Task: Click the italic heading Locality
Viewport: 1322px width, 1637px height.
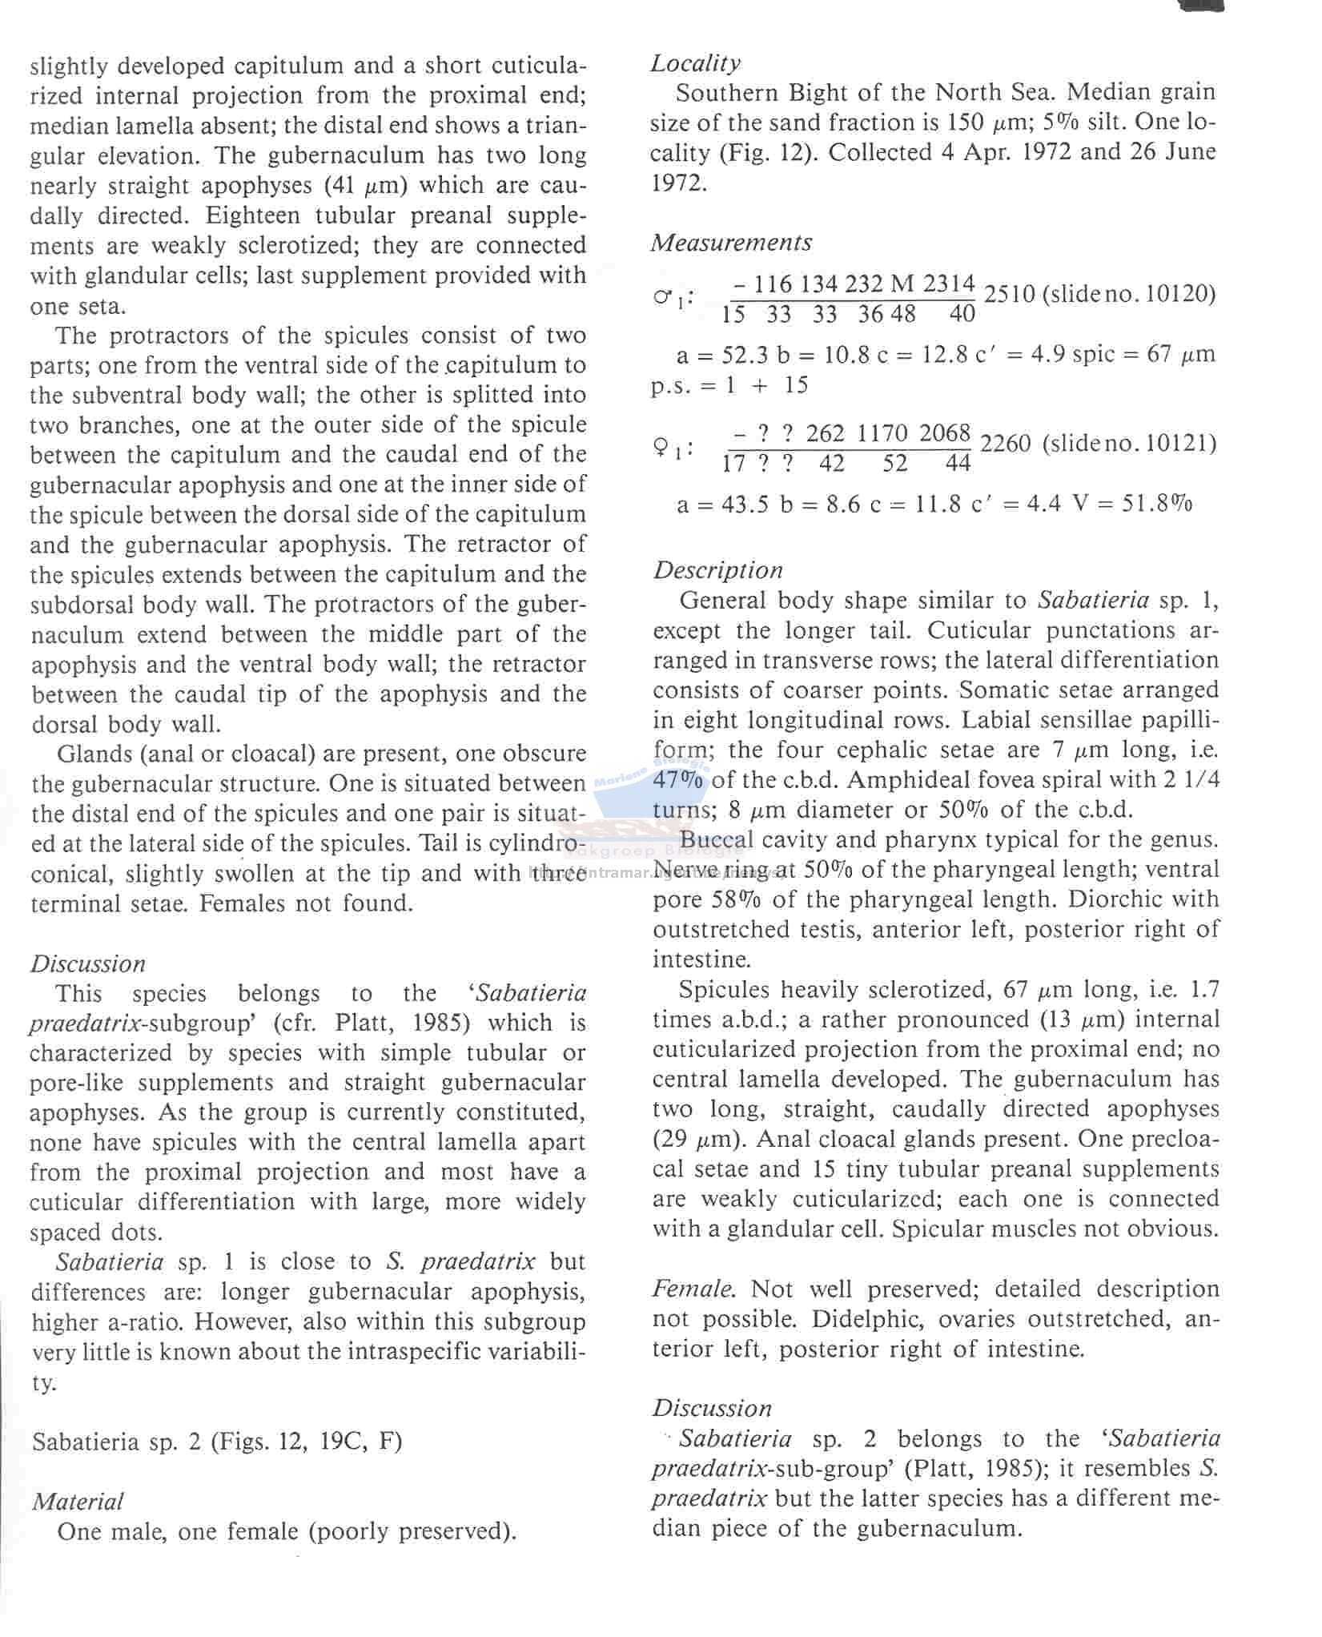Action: tap(695, 63)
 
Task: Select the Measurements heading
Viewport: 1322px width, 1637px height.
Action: tap(731, 243)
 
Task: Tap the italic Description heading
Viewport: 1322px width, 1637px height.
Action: tap(717, 570)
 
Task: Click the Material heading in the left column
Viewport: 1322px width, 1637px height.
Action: tap(78, 1501)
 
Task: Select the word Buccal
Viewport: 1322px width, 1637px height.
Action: tap(717, 840)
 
